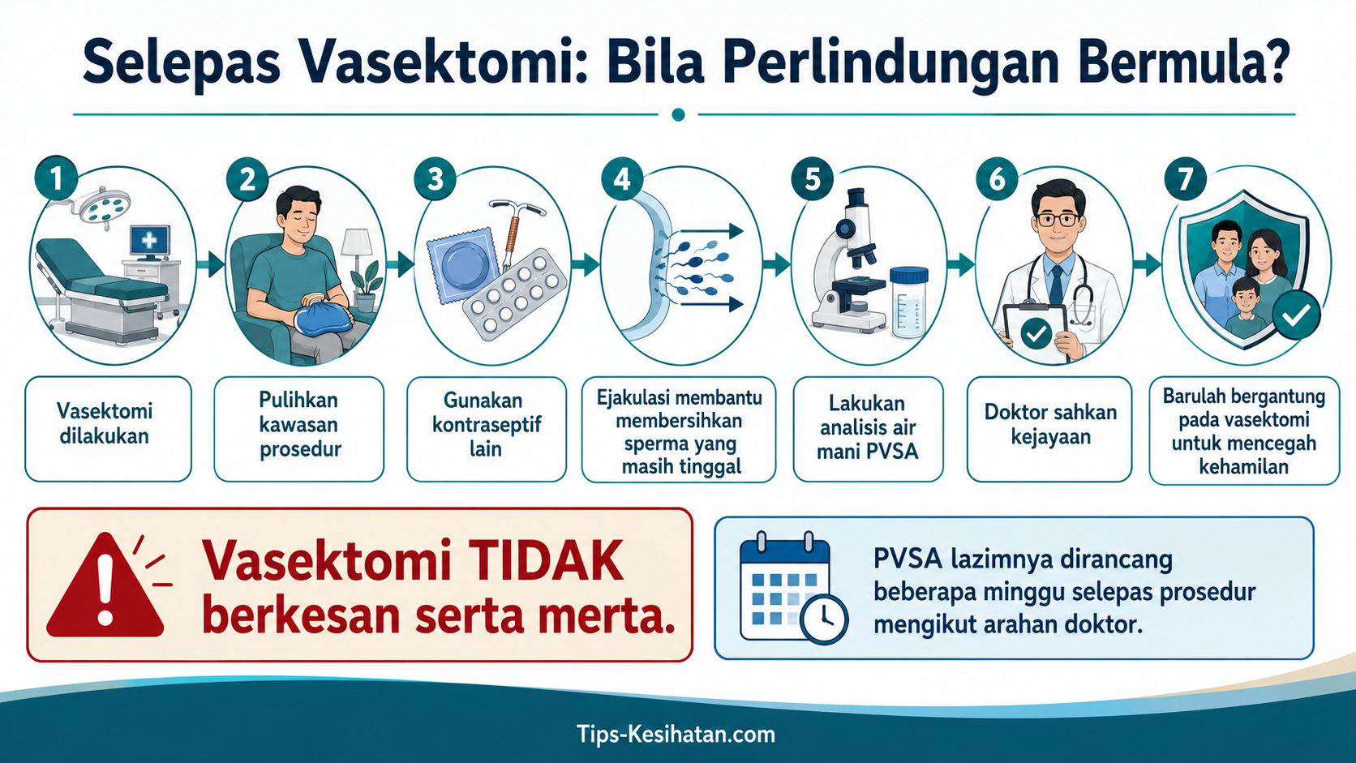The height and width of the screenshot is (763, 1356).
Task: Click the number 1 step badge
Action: [56, 178]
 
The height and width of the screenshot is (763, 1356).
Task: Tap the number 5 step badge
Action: [813, 179]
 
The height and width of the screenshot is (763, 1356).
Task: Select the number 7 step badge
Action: [1186, 178]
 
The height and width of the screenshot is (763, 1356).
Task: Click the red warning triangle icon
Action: [105, 585]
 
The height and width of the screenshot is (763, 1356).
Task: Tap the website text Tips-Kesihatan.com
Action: [676, 734]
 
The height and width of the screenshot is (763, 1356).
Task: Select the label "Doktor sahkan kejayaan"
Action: [1050, 424]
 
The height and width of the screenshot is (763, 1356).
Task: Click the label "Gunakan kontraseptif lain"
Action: [487, 424]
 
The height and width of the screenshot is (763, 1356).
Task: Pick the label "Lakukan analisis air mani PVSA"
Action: [868, 427]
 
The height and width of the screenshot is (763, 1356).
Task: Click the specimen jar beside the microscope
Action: [908, 302]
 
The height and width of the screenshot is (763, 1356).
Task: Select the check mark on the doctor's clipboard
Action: [1036, 333]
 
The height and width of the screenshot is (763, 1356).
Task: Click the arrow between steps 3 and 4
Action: [585, 264]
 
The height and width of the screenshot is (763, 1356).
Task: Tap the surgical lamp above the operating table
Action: [101, 205]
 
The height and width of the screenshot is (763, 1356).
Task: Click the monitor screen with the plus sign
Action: [149, 241]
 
